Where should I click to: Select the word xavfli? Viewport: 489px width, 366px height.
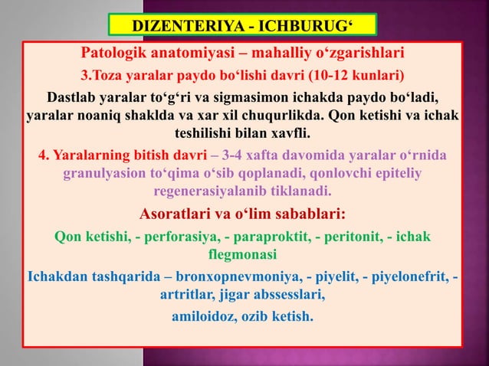coord(294,134)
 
